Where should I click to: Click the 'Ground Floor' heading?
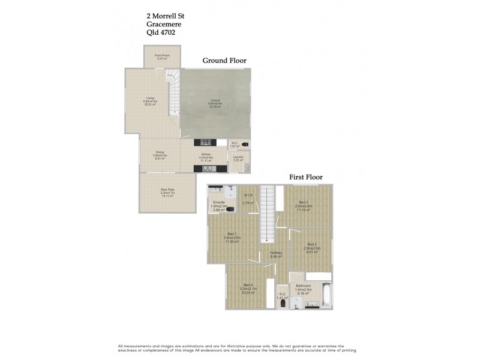click(x=224, y=61)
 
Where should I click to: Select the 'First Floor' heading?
click(x=306, y=177)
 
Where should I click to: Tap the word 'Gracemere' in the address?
click(x=164, y=24)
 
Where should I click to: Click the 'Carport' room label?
click(x=215, y=100)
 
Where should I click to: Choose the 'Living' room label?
click(x=150, y=99)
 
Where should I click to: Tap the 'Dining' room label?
click(x=160, y=152)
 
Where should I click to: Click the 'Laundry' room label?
click(x=238, y=157)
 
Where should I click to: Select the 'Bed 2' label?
click(x=303, y=202)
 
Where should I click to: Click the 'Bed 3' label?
click(x=311, y=244)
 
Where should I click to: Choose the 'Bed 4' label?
click(x=248, y=284)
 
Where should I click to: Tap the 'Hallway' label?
click(x=276, y=253)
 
